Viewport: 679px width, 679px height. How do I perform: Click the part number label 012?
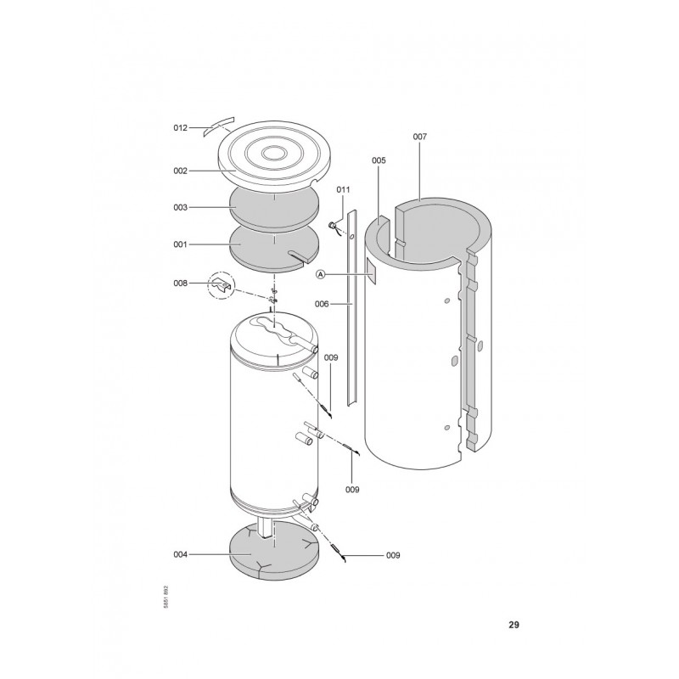click(180, 128)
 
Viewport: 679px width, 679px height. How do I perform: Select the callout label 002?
click(180, 171)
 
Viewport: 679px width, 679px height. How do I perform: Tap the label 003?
click(180, 207)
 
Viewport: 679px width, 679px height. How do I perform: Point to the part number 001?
click(180, 244)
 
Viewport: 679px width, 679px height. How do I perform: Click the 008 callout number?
click(180, 283)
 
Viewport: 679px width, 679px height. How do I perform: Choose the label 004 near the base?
click(180, 554)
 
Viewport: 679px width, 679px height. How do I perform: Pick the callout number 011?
click(343, 189)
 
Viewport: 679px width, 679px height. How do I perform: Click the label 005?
click(379, 160)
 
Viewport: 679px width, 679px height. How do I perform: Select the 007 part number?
click(419, 137)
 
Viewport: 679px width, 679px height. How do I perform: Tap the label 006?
click(322, 304)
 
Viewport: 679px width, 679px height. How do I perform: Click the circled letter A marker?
click(321, 274)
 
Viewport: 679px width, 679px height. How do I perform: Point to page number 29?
click(513, 625)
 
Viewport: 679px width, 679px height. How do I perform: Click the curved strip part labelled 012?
click(219, 126)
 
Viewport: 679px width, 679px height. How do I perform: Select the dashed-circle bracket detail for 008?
click(222, 285)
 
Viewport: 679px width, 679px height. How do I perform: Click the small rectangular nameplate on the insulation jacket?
click(372, 271)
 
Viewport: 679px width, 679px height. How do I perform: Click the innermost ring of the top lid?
click(274, 153)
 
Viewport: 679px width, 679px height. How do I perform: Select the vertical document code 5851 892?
click(166, 598)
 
